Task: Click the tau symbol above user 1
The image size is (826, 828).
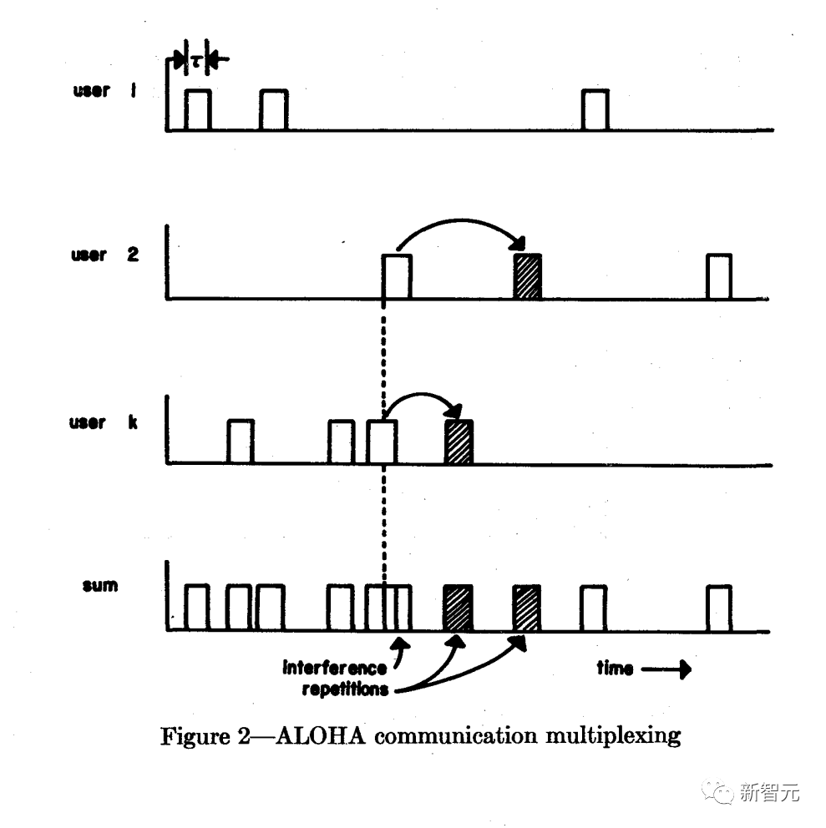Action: click(196, 60)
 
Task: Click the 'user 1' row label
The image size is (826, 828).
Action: click(104, 90)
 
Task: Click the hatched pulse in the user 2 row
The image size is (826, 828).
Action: click(528, 276)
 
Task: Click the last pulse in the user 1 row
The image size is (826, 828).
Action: click(595, 110)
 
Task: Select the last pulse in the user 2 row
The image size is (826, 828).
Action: click(719, 276)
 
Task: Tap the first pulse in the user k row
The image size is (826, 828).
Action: click(240, 442)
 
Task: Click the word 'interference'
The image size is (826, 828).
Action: click(335, 668)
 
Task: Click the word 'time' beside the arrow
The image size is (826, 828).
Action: click(615, 668)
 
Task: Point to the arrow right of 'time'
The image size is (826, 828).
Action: click(668, 669)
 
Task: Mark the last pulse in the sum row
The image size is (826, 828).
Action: click(719, 608)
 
